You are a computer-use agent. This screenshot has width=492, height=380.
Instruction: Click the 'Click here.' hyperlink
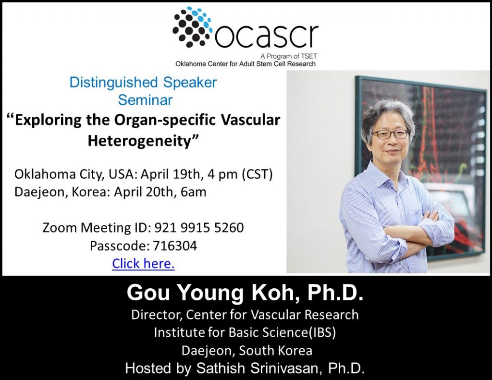pos(143,264)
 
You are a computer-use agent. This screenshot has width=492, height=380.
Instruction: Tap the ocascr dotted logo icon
pos(193,27)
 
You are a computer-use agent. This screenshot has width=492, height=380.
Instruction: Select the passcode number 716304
pos(175,245)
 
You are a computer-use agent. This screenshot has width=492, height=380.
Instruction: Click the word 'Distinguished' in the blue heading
pos(113,83)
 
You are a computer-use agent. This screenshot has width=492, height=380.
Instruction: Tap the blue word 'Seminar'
pos(145,100)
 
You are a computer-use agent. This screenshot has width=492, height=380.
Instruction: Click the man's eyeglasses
pos(390,135)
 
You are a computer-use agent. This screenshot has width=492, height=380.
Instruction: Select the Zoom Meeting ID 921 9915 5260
pos(199,228)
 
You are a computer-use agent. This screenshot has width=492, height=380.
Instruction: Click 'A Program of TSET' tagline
pos(289,56)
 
